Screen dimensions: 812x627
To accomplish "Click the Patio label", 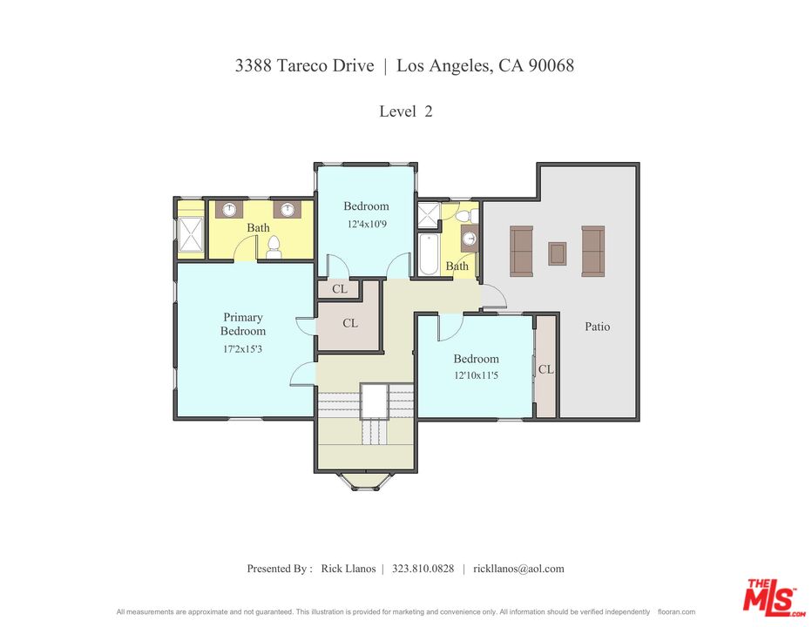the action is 597,327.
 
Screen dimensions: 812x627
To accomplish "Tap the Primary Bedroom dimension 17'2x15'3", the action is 242,349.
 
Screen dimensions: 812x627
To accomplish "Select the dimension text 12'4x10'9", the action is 367,224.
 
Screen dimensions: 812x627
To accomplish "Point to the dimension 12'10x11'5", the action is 476,374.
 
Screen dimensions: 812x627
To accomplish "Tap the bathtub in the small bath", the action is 429,255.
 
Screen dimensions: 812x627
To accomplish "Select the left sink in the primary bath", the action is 229,209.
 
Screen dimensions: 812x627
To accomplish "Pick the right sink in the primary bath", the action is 287,209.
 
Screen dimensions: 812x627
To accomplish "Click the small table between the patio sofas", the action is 558,253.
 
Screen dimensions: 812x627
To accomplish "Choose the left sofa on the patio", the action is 522,251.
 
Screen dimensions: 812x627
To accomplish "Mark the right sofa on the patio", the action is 593,251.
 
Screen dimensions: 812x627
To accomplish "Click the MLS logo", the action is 773,597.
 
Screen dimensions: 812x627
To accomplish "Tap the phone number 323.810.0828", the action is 423,569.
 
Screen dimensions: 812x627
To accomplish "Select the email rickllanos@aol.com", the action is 518,569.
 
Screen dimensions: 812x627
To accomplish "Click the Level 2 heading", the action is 405,111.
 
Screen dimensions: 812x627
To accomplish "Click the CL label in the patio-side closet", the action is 545,369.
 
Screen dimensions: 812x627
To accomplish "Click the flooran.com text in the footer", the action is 676,612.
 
